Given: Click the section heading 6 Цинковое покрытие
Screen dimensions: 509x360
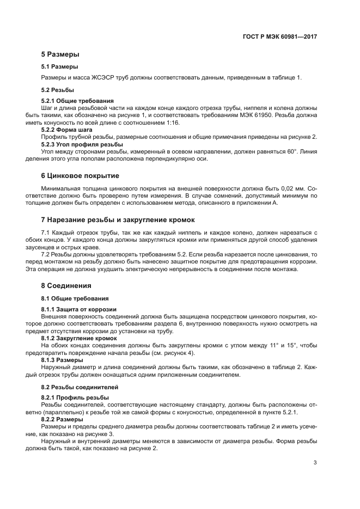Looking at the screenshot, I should (80, 176).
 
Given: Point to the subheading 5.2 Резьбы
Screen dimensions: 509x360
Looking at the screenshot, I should (58, 89).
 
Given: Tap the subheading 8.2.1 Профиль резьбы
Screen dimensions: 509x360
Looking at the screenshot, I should (73, 398).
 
